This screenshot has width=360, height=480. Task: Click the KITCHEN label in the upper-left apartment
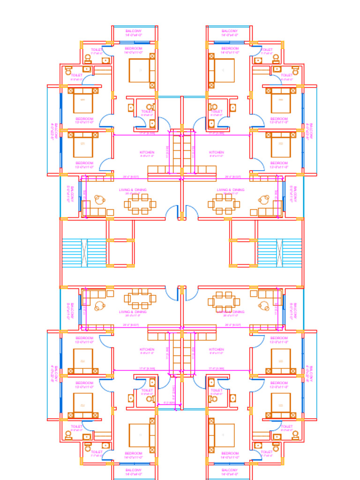pyautogui.click(x=147, y=152)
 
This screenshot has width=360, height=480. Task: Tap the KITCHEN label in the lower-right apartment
pyautogui.click(x=217, y=349)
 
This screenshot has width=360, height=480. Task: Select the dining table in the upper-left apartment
pyautogui.click(x=140, y=204)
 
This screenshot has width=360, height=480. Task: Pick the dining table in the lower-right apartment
pyautogui.click(x=224, y=301)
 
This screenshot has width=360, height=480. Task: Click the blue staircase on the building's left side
pyautogui.click(x=84, y=253)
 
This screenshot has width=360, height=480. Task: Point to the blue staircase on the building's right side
pyautogui.click(x=279, y=253)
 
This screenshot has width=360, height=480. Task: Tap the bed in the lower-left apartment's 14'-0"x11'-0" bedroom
pyautogui.click(x=139, y=435)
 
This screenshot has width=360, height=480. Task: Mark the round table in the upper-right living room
pyautogui.click(x=264, y=200)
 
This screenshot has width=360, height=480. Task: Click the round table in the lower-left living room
pyautogui.click(x=100, y=306)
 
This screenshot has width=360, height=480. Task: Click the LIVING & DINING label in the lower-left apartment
pyautogui.click(x=133, y=312)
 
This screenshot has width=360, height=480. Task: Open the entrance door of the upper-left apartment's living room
pyautogui.click(x=172, y=212)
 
